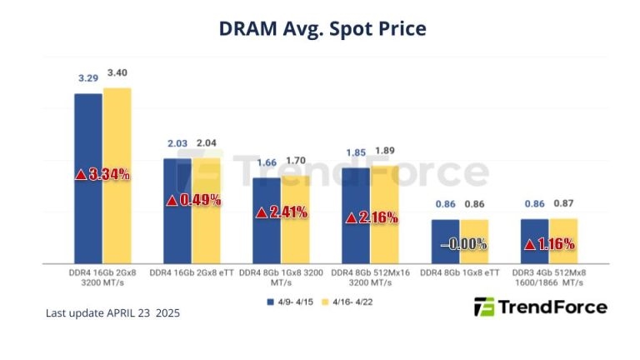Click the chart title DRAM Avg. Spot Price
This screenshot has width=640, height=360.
[x=322, y=28]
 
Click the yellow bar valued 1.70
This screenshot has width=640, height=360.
[x=296, y=242]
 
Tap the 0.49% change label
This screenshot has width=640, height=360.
[x=192, y=200]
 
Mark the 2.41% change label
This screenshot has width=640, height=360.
[x=282, y=212]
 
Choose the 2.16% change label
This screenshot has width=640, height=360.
[x=372, y=217]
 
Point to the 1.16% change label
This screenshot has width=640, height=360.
[x=549, y=245]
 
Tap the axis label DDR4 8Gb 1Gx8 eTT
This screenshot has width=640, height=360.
[x=461, y=272]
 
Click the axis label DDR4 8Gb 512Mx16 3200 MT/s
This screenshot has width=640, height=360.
[x=371, y=277]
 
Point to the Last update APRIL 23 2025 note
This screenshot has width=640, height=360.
[x=112, y=313]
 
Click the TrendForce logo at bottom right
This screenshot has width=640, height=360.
[x=540, y=307]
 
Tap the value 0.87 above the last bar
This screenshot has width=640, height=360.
[x=563, y=204]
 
